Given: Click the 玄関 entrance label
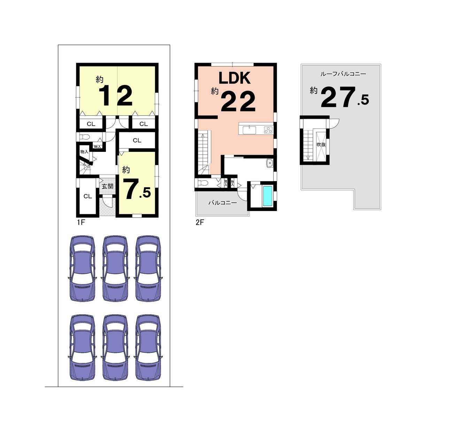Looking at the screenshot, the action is pos(108,186).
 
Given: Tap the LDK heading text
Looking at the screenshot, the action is pos(235,78).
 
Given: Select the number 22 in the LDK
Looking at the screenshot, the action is pos(238,101).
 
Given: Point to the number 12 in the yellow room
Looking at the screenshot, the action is pos(116,96).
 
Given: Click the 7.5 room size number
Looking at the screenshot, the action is pos(138,189).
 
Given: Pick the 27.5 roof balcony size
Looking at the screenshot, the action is pos(345,97).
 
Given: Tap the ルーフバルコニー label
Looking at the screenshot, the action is pos(343,74).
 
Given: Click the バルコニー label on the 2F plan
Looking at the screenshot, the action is pos(223,203).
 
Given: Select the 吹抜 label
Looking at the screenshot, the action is pos(321,145).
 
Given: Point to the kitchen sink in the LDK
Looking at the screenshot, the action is pos(249,130).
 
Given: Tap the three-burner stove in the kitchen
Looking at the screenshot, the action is pos(268,130).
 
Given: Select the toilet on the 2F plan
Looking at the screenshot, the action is pos(202,183).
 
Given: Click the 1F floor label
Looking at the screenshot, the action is pos(81,223).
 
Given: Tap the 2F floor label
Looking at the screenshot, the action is pos(200,223).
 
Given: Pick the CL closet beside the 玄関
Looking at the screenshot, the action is pos(88,196).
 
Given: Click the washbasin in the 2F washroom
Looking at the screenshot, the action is pos(270,163).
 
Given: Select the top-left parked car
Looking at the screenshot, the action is pos(83,269).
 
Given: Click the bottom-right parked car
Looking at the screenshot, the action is pos(148,348).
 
